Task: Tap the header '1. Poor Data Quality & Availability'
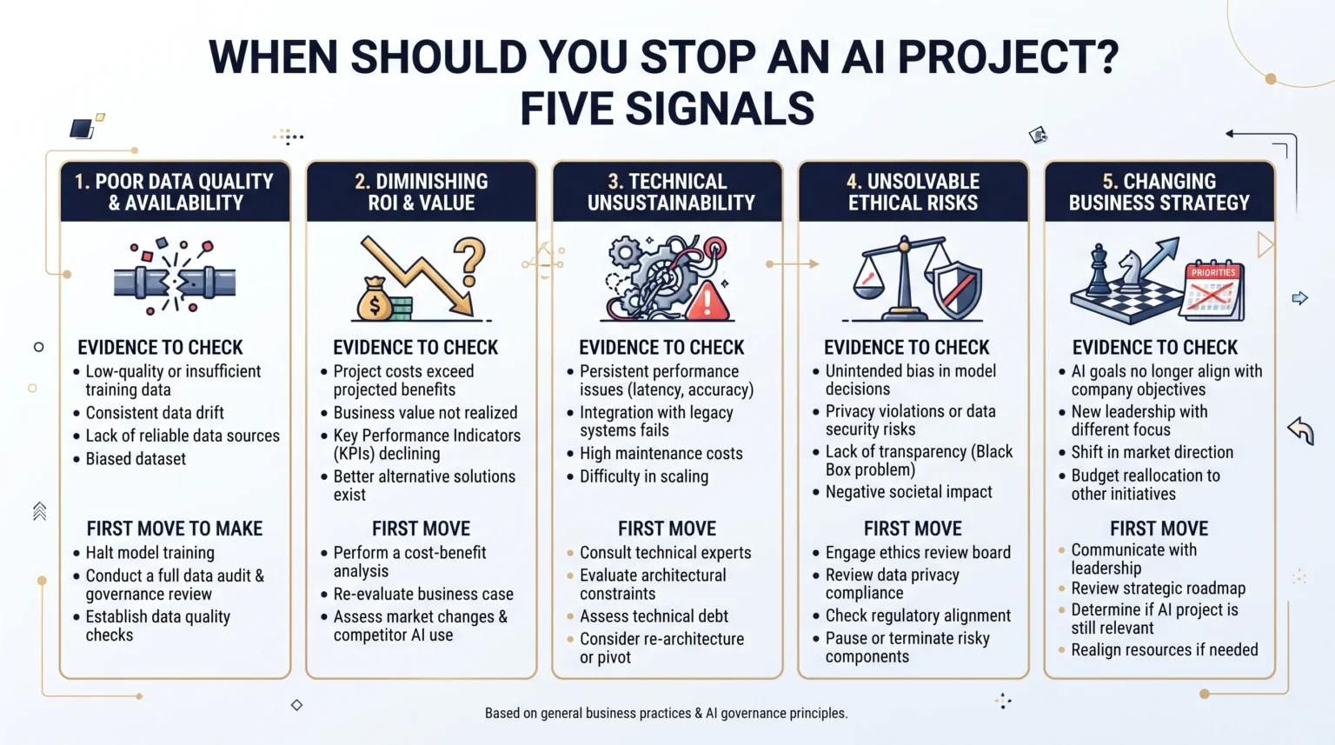pyautogui.click(x=175, y=192)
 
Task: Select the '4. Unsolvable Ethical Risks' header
pyautogui.click(x=913, y=192)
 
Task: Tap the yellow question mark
pyautogui.click(x=469, y=263)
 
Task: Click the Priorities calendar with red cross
pyautogui.click(x=1212, y=292)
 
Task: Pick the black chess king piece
pyautogui.click(x=1099, y=270)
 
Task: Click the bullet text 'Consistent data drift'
pyautogui.click(x=155, y=412)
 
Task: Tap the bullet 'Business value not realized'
pyautogui.click(x=426, y=412)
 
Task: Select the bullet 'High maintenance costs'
pyautogui.click(x=661, y=454)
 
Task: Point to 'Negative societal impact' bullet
pyautogui.click(x=909, y=492)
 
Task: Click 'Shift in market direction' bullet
pyautogui.click(x=1152, y=452)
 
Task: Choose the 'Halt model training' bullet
pyautogui.click(x=150, y=553)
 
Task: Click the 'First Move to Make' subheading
pyautogui.click(x=175, y=529)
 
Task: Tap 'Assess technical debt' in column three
pyautogui.click(x=654, y=615)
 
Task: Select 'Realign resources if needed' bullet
pyautogui.click(x=1165, y=649)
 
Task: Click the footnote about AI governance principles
pyautogui.click(x=667, y=714)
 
